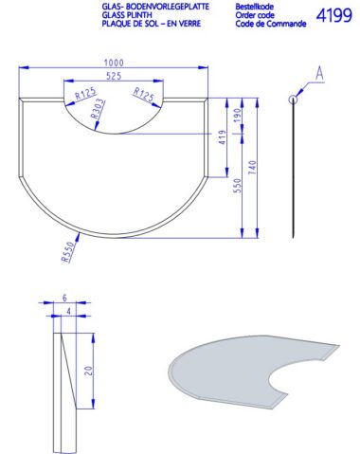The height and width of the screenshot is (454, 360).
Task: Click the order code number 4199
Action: (x=334, y=15)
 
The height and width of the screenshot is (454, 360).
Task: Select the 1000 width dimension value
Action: (x=114, y=63)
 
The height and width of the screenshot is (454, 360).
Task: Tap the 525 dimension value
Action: (x=114, y=76)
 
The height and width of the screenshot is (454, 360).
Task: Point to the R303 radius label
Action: (x=98, y=109)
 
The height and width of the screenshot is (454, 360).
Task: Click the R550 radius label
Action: (x=69, y=252)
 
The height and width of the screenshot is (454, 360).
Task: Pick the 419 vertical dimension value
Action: (x=223, y=137)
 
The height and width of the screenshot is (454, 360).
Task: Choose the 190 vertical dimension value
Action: (x=238, y=116)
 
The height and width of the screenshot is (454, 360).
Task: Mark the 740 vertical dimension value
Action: (x=253, y=168)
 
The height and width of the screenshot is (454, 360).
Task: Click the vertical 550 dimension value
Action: (x=238, y=186)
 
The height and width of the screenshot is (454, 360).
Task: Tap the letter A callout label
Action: (x=320, y=73)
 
